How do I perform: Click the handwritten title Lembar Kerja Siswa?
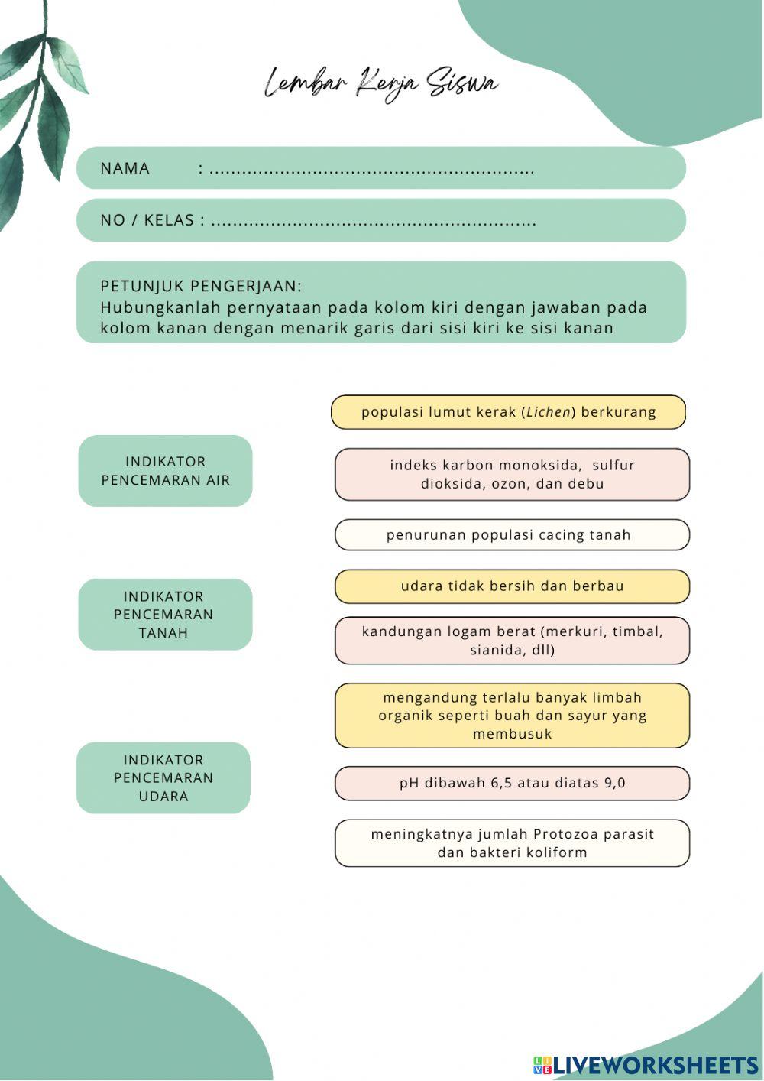tap(381, 83)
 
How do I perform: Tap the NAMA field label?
tap(125, 168)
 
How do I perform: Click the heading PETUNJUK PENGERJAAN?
tap(201, 286)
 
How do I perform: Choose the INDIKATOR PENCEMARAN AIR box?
tap(165, 471)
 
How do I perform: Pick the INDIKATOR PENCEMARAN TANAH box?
tap(165, 615)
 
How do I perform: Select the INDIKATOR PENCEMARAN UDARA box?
tap(163, 777)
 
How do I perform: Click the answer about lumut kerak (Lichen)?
tap(508, 412)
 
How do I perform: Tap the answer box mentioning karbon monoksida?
tap(512, 474)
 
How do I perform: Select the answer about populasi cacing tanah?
tap(512, 535)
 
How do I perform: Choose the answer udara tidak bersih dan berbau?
tap(512, 586)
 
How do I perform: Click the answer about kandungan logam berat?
tap(512, 641)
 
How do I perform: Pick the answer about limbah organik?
tap(512, 716)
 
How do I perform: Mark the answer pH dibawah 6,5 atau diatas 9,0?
tap(512, 783)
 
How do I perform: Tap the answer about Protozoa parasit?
tap(512, 843)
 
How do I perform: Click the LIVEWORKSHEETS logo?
tap(646, 1065)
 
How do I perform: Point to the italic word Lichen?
tap(549, 412)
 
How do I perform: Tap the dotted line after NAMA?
tap(372, 170)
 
